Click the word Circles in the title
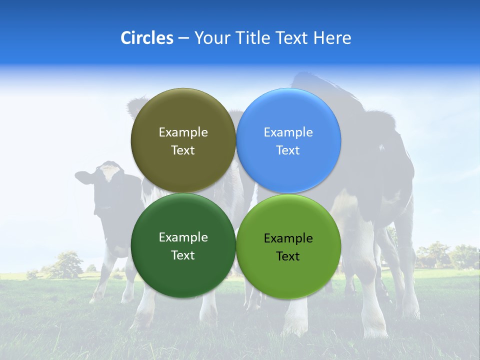pyautogui.click(x=146, y=38)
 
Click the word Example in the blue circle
pyautogui.click(x=288, y=132)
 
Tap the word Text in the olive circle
pyautogui.click(x=183, y=150)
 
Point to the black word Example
pyautogui.click(x=288, y=238)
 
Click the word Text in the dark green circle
pyautogui.click(x=183, y=255)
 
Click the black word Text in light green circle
pyautogui.click(x=288, y=256)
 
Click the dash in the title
pyautogui.click(x=183, y=38)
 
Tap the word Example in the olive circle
pyautogui.click(x=183, y=132)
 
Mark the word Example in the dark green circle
pyautogui.click(x=183, y=237)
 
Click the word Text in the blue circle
pyautogui.click(x=288, y=150)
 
